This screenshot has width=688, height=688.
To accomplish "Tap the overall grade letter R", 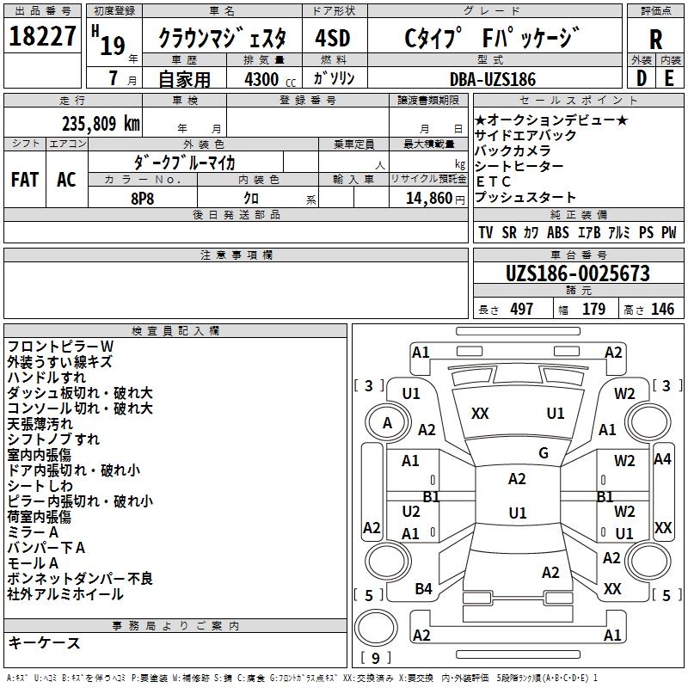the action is point(655,40).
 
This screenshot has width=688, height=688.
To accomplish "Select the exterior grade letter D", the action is point(641,77).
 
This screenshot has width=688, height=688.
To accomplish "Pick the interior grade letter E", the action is point(669,77).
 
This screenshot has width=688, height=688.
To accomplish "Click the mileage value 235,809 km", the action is point(101,124).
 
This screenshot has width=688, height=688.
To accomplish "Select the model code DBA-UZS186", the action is point(493,79).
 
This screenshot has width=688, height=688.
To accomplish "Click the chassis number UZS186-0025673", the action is point(577,273).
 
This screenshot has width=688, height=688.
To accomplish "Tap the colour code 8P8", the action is point(141,198).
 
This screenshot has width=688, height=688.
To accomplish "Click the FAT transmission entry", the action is point(24,180).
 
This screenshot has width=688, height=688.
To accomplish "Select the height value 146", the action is point(662,309).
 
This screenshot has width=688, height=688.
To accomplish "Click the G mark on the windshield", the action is point(544,453).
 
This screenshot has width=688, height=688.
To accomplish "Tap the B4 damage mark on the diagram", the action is point(423,589).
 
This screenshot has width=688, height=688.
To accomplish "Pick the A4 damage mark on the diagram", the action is point(662,459).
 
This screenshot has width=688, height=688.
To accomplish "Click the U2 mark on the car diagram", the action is point(411,511).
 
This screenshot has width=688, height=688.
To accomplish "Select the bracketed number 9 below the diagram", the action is point(375,659).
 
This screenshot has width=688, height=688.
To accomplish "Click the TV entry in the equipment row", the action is point(486,232).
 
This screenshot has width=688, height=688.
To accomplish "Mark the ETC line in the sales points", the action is point(494,181).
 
